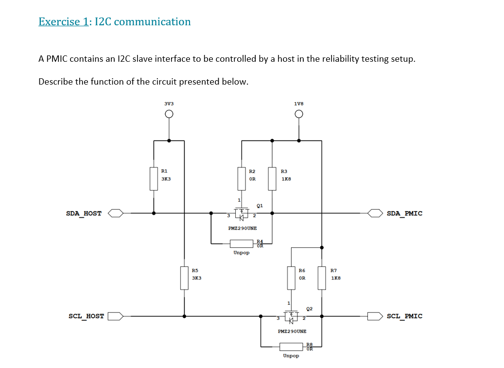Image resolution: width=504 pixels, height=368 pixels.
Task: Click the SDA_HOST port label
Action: click(x=84, y=213)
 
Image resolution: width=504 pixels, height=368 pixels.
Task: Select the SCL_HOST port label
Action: click(x=86, y=316)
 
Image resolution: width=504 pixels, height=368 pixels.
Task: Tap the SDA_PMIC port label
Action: click(x=404, y=213)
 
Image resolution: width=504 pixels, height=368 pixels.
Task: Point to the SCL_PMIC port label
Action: click(x=404, y=316)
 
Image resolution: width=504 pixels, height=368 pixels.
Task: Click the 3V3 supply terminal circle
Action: click(x=169, y=114)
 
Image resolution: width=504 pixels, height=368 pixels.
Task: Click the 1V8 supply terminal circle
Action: click(x=299, y=114)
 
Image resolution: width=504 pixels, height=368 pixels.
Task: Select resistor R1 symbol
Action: click(x=154, y=178)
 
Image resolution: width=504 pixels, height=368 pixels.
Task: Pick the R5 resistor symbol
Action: click(x=184, y=278)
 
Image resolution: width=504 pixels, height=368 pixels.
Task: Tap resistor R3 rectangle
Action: click(x=272, y=178)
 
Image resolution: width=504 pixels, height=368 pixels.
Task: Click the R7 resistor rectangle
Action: click(x=321, y=278)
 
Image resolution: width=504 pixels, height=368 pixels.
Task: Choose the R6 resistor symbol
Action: click(x=291, y=278)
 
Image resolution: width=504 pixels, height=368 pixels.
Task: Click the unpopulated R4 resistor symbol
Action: click(x=242, y=243)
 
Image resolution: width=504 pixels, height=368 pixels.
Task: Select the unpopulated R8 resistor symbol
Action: click(x=292, y=346)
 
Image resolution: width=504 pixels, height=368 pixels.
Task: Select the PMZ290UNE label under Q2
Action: click(x=292, y=331)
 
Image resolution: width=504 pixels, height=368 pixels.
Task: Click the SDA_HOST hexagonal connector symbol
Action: click(x=116, y=213)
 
